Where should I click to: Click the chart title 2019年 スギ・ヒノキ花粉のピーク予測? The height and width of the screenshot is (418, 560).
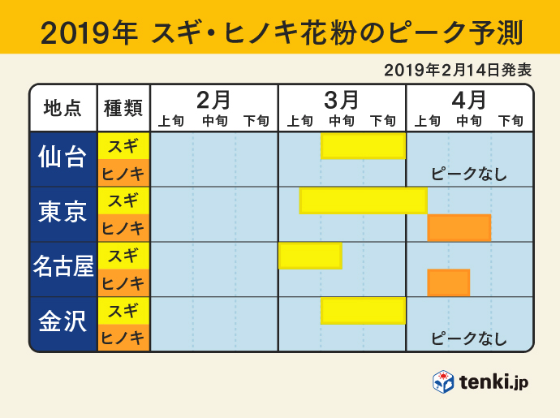coord(280,32)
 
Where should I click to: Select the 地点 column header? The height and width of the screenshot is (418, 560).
coord(62,108)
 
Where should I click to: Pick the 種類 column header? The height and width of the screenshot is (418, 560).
coord(123,108)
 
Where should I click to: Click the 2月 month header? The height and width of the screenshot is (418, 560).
coord(214,100)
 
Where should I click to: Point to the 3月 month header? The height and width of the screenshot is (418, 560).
coord(342,100)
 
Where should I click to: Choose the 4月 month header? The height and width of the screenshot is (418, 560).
coord(469,100)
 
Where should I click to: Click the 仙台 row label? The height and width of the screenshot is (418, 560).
coord(62,159)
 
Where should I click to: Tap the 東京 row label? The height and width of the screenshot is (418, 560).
coord(62,214)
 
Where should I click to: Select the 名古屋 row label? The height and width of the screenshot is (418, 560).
coord(62,269)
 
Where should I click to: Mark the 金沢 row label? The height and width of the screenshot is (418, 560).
coord(62,324)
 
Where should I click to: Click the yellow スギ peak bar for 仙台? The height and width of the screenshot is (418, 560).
coord(363,146)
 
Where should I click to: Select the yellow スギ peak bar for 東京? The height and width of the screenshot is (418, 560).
coord(363,200)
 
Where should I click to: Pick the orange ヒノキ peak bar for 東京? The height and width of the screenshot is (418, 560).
coord(459,228)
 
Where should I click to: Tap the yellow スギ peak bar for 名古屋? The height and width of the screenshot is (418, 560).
coord(309,256)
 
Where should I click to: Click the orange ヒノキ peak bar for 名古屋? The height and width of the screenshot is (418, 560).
coord(448,282)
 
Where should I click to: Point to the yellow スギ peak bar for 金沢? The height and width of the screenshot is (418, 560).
coord(363,310)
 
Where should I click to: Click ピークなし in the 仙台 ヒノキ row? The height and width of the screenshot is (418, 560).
coord(468,174)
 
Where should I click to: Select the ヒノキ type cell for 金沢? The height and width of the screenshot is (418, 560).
coord(123,338)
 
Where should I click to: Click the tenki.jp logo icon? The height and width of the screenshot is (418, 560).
coord(442,382)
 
